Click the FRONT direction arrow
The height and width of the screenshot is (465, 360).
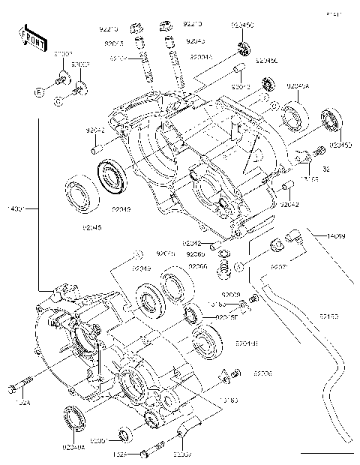pyautogui.click(x=29, y=37)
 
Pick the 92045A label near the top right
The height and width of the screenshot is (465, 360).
pyautogui.click(x=299, y=86)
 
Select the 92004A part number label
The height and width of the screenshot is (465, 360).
pyautogui.click(x=201, y=56)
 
